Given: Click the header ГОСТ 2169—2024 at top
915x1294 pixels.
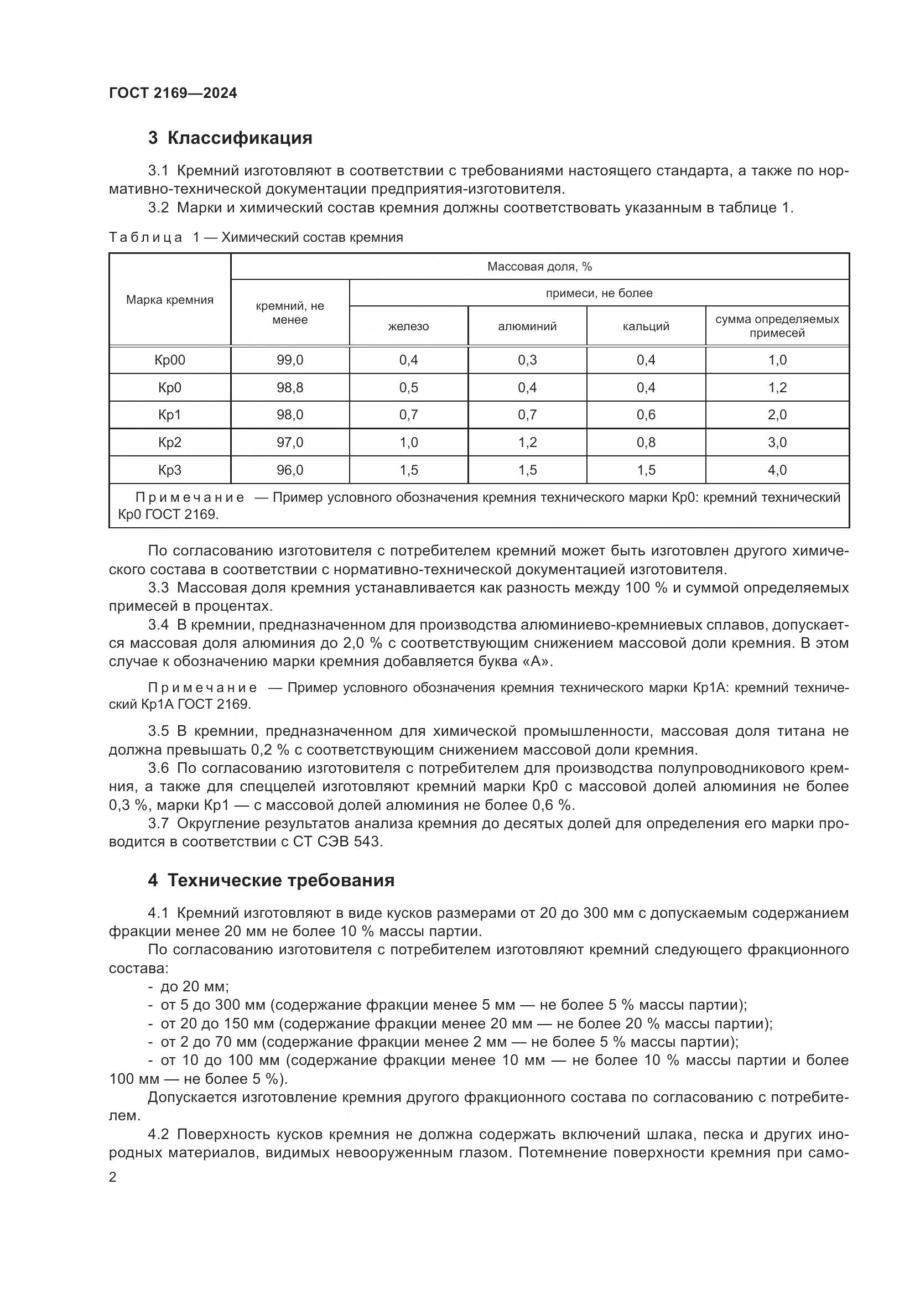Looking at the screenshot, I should coord(173,93).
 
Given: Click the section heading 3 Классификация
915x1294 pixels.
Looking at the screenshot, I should coord(230,138).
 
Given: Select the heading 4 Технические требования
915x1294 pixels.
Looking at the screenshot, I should coord(271,880).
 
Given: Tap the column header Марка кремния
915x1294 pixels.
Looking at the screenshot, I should coord(170,299).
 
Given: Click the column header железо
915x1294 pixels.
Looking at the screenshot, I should coord(408,326).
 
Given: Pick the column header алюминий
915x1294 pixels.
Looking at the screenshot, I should coord(527,326).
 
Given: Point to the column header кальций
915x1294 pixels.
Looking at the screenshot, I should coord(646,326).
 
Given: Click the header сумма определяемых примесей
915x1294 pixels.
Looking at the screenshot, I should coord(777,326).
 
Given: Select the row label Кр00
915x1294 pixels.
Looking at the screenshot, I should coord(170,360).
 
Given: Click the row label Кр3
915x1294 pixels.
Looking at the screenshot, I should coord(170,470).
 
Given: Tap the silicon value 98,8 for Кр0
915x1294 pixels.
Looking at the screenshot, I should coord(289,388).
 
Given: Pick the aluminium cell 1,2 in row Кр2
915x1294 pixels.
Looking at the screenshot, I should coord(527,443).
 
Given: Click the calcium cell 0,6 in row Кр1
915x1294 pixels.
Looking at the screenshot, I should coord(646,415).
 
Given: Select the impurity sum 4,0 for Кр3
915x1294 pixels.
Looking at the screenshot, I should coord(777,470).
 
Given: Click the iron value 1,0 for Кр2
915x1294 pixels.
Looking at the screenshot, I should coord(408,443).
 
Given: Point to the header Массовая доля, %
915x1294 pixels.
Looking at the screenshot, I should coord(539,267).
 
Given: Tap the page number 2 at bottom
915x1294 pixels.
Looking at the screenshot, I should coord(113,1177).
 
